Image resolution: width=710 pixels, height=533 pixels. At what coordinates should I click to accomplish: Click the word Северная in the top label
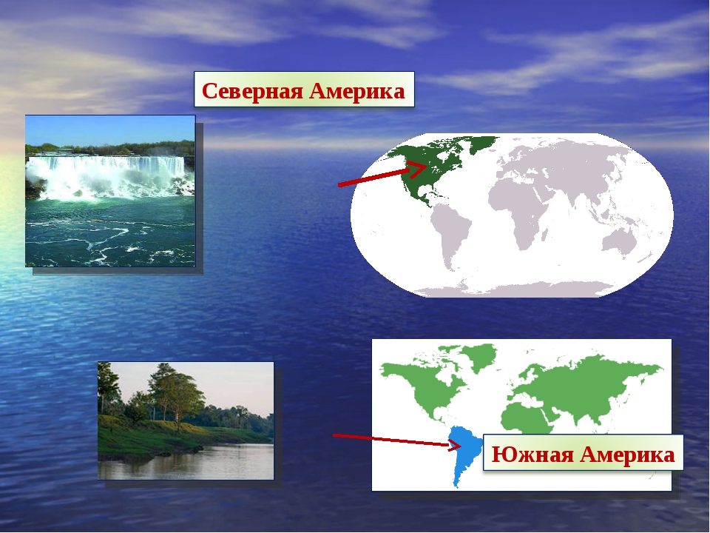pos(252,90)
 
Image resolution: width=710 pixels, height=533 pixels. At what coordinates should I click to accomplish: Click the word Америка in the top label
pos(357,90)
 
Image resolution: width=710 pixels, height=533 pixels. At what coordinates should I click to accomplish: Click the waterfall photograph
pos(110,191)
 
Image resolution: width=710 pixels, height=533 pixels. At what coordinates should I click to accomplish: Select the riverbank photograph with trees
pos(186,420)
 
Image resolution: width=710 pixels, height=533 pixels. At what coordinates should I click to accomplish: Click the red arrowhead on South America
pos(455,445)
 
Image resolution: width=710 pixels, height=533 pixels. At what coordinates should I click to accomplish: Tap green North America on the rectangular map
pos(419,385)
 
